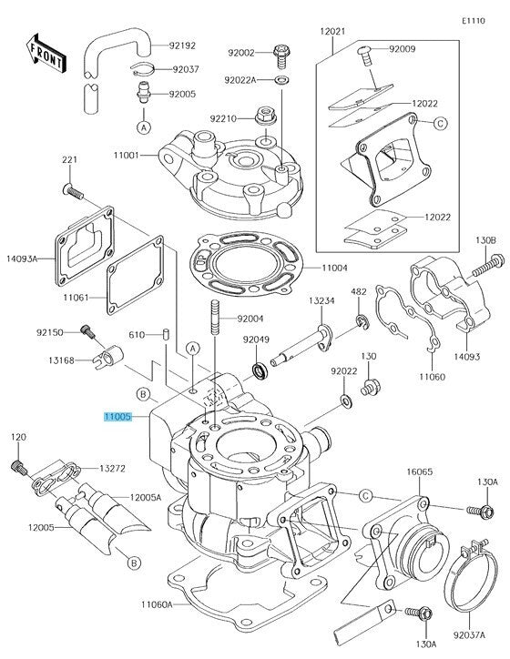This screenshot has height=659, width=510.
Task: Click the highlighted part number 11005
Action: [117, 417]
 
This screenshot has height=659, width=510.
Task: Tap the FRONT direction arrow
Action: [46, 54]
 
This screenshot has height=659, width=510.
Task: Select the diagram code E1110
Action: [473, 21]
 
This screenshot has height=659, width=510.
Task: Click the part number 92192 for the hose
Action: [182, 46]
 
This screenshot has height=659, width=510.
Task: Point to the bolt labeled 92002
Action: [281, 56]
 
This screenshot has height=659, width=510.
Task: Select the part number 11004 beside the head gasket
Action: [334, 268]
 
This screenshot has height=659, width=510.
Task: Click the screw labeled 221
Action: [73, 192]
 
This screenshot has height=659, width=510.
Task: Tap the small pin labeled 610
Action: [166, 334]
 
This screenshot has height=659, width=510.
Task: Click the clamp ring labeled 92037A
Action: [471, 577]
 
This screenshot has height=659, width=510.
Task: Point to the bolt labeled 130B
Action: [489, 266]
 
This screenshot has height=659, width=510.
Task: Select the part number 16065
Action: [419, 472]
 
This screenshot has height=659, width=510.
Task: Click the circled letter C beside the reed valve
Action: [440, 123]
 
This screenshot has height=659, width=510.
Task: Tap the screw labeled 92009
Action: [365, 56]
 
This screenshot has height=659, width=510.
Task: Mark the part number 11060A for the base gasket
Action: [157, 604]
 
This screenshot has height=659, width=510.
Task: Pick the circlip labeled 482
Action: [362, 322]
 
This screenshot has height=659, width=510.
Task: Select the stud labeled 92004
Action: [215, 317]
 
